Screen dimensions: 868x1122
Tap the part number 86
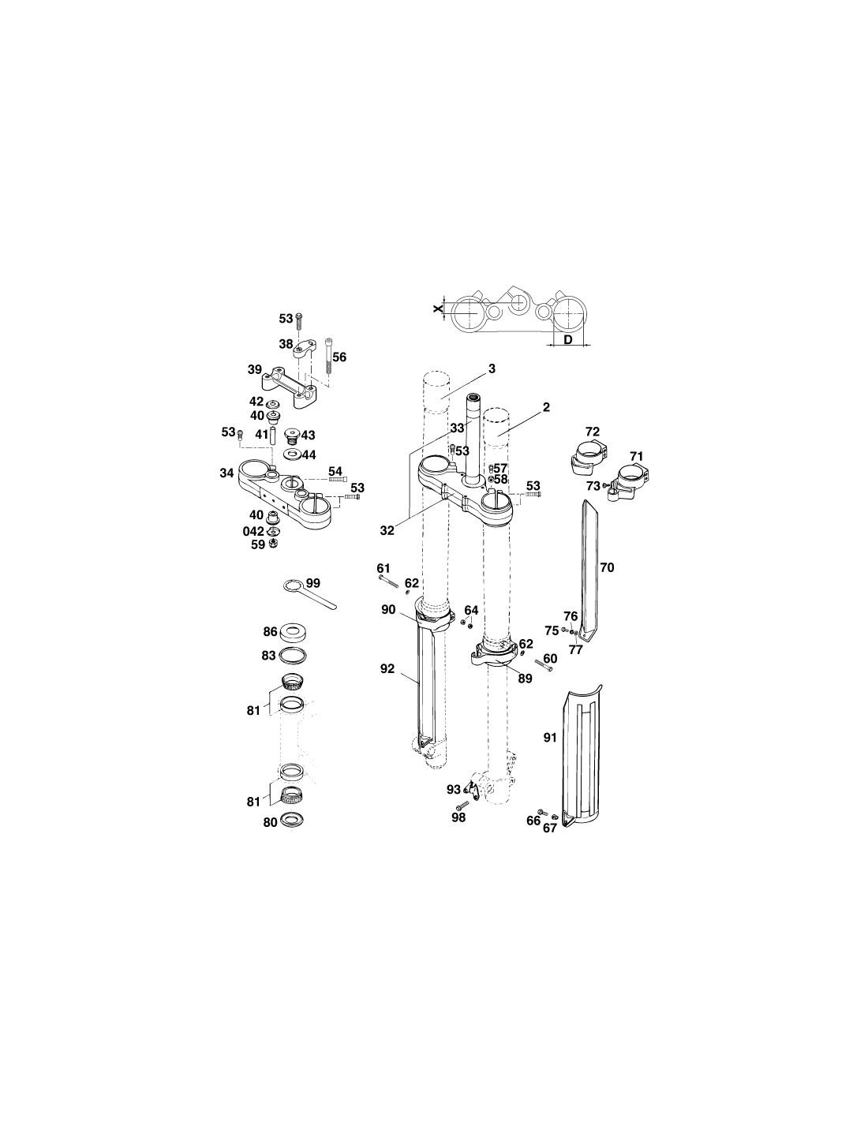tap(270, 631)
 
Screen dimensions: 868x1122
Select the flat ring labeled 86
tap(293, 631)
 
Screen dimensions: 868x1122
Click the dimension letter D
tap(567, 340)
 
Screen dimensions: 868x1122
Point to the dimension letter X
tap(438, 309)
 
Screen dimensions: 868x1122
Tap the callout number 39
tap(255, 369)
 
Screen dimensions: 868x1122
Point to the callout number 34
tap(226, 473)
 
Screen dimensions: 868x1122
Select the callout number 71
tap(636, 456)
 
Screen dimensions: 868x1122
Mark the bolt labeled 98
tap(461, 805)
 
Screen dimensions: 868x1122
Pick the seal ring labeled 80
tap(292, 819)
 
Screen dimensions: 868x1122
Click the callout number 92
tap(387, 668)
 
